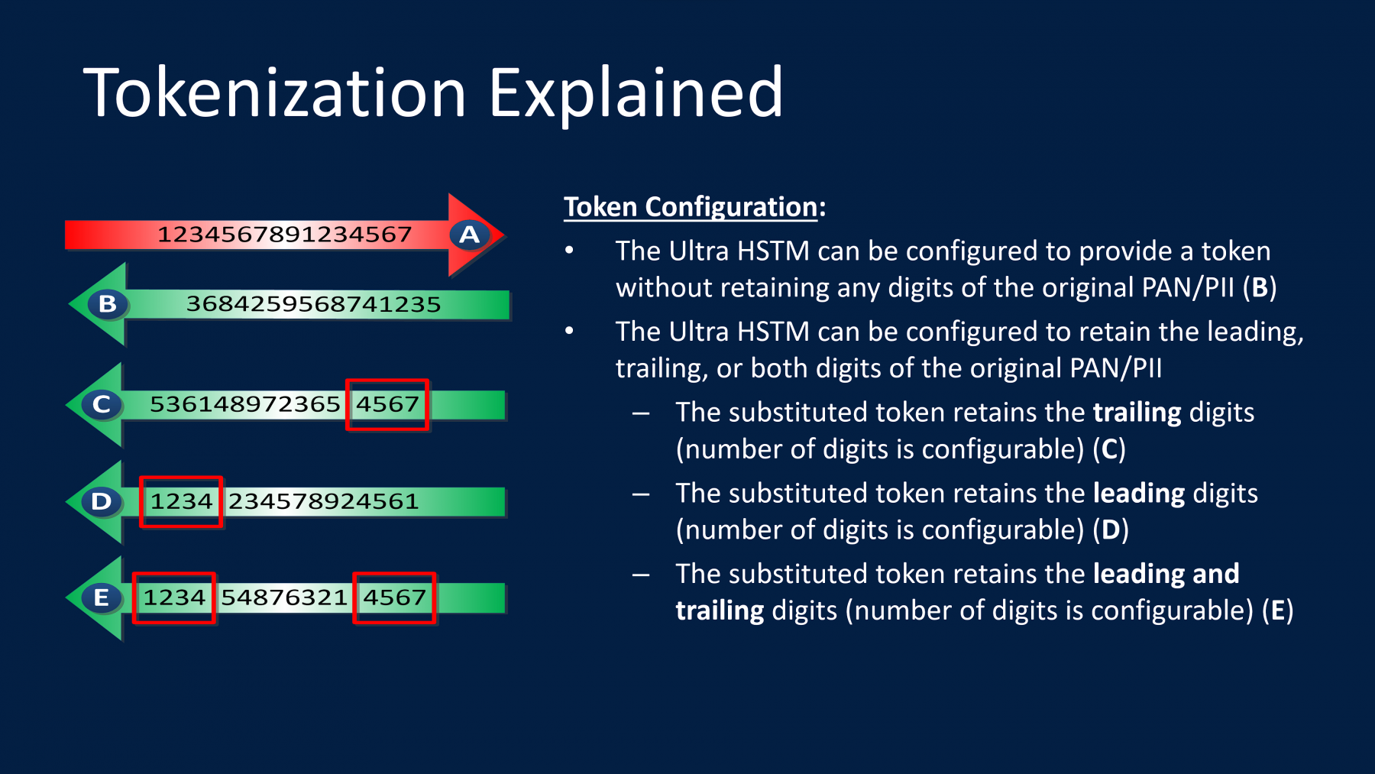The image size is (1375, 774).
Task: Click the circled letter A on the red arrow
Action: [470, 234]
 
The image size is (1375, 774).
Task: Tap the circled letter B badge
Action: [108, 304]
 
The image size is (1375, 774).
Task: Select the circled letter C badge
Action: [102, 404]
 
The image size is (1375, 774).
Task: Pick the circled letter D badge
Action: [102, 501]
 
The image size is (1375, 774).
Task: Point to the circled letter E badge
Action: [102, 598]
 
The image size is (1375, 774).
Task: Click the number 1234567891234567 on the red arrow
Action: [284, 234]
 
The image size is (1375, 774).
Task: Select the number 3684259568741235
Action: [313, 304]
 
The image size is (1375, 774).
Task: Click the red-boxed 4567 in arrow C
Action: [387, 404]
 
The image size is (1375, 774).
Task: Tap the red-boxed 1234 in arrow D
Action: [181, 501]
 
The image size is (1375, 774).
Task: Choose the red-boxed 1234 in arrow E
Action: [174, 598]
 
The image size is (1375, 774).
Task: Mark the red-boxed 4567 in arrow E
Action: [394, 598]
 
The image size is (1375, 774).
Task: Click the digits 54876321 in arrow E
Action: [284, 598]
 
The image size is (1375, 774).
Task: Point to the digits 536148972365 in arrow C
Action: [244, 404]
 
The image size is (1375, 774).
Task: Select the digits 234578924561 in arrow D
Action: [323, 501]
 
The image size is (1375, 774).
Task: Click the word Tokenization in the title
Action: [275, 92]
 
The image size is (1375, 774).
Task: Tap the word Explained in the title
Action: [636, 92]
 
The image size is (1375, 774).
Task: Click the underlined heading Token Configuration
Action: [691, 207]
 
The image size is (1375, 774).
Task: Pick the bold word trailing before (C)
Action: [1137, 413]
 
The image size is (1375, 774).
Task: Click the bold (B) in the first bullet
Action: [1260, 288]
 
